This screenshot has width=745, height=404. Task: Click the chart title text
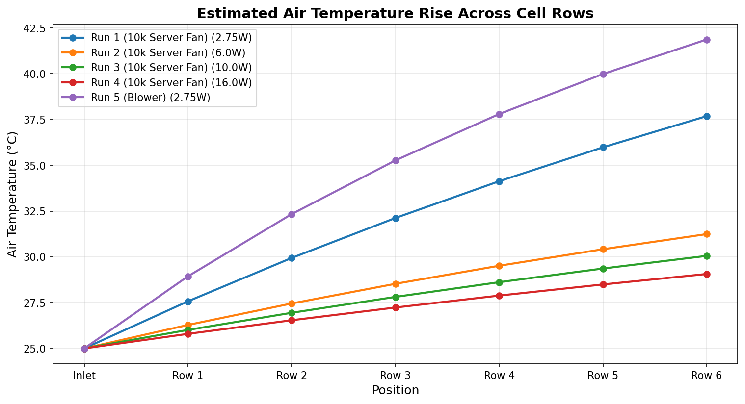[395, 14]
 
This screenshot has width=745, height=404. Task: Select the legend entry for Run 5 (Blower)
[150, 97]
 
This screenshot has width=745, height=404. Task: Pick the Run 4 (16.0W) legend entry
[171, 82]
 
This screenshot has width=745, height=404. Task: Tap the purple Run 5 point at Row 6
[707, 40]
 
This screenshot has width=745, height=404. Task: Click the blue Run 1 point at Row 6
[707, 116]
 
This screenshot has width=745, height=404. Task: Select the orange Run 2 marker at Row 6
[707, 234]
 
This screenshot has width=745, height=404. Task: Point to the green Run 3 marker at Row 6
[707, 256]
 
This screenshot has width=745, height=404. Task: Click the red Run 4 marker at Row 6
[707, 274]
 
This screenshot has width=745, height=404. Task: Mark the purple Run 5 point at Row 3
[396, 160]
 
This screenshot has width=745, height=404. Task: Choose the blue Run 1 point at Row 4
[499, 181]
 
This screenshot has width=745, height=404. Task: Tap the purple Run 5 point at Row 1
[188, 277]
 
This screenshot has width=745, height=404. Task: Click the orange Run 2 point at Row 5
[603, 249]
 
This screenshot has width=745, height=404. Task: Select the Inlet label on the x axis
[84, 376]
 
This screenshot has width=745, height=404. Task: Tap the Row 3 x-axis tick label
[396, 376]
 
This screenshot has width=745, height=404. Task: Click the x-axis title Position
[395, 390]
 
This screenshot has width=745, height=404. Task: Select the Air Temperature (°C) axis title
[13, 194]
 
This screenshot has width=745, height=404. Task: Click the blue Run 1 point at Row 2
[292, 258]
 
